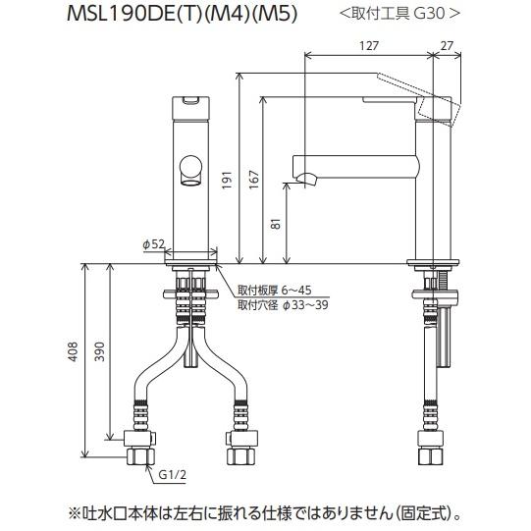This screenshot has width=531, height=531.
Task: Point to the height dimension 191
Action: [x=227, y=180]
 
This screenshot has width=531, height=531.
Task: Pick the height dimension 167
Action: [x=252, y=180]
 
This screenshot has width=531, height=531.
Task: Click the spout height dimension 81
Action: [x=279, y=225]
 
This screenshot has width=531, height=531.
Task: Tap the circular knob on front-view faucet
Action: [x=191, y=168]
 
